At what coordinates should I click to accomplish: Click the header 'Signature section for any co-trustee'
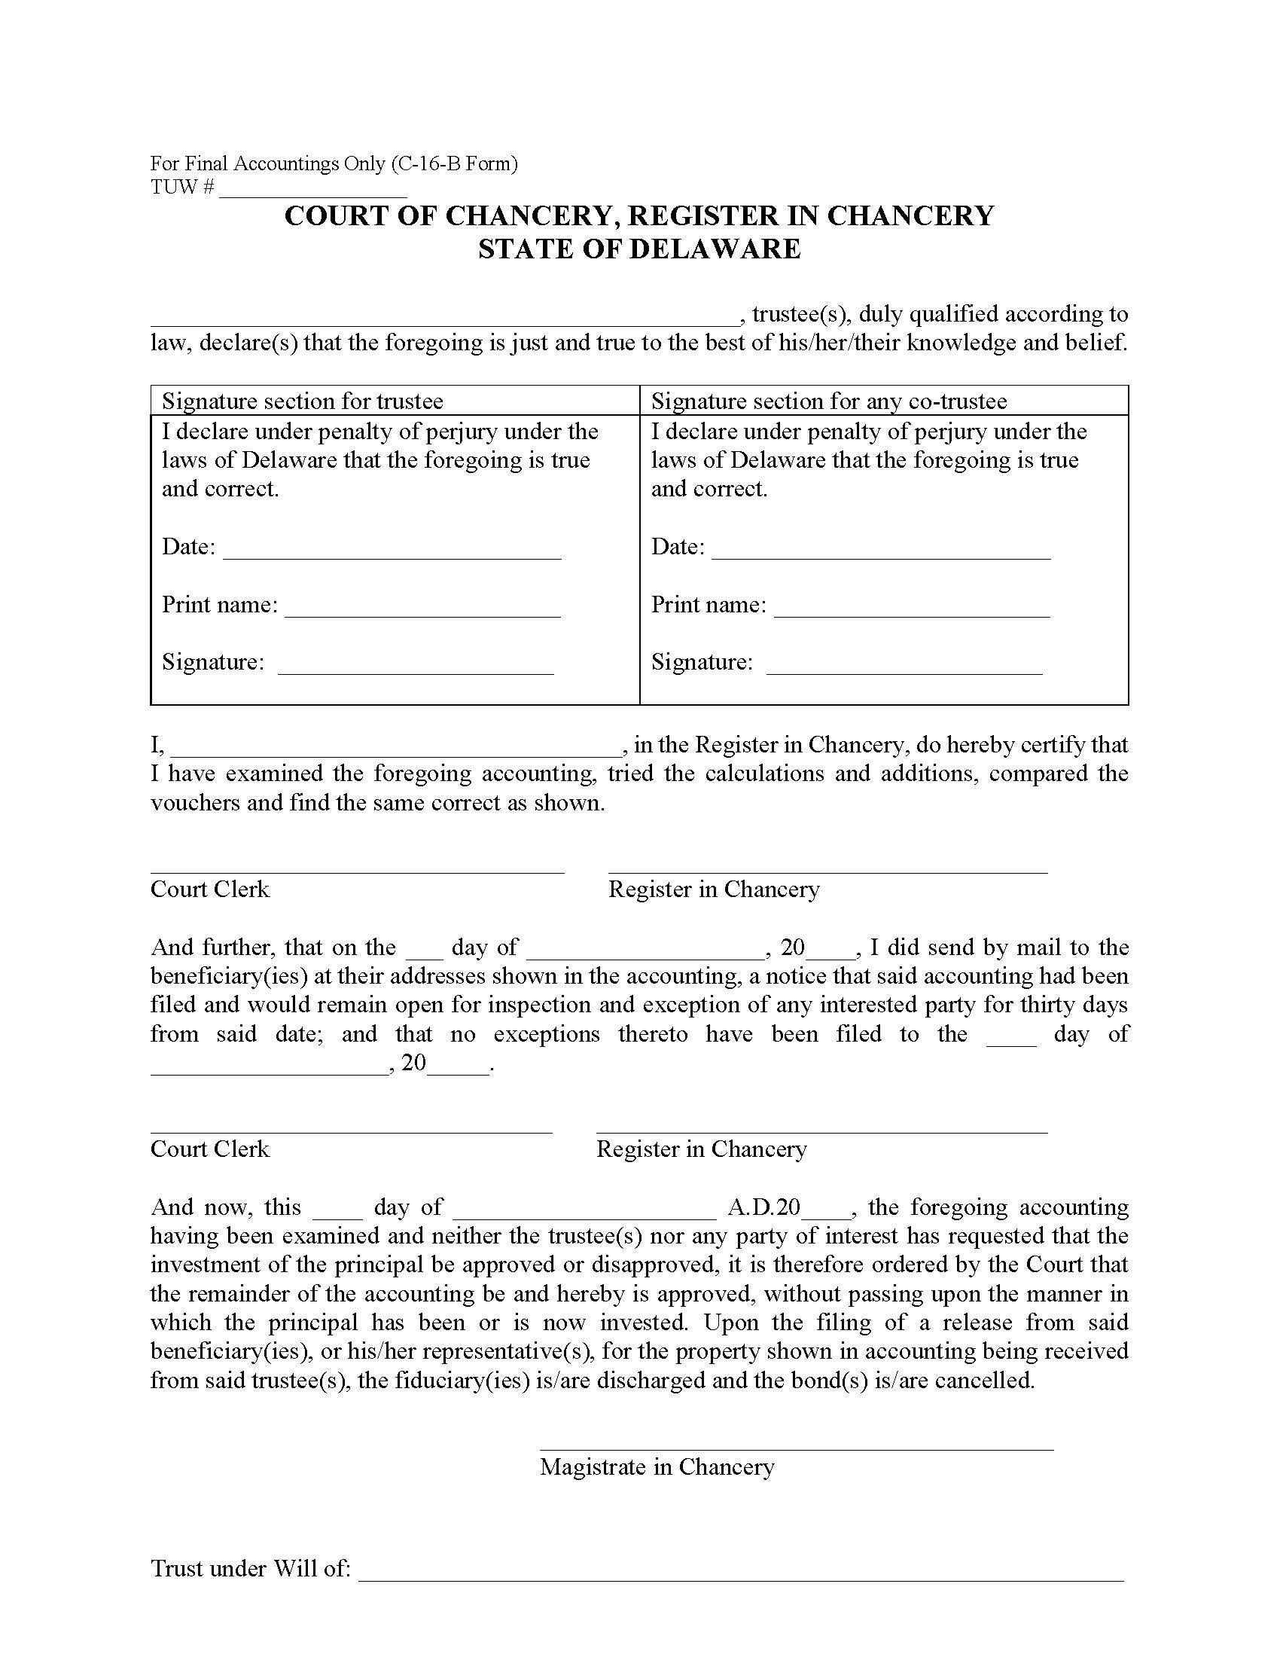coord(829,401)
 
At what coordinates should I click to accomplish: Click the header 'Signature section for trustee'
coord(303,401)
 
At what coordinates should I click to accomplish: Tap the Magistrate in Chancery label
coord(657,1466)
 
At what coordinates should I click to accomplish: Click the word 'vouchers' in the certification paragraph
coord(196,803)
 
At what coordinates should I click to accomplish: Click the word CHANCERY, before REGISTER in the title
coord(531,216)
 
